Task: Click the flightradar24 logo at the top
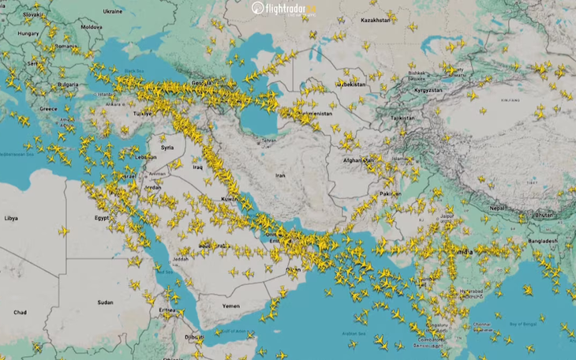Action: click(283, 9)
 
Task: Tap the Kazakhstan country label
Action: click(376, 20)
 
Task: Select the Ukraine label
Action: click(113, 12)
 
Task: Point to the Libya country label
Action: click(11, 217)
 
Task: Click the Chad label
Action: click(19, 313)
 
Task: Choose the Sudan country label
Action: click(105, 302)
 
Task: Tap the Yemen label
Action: click(230, 306)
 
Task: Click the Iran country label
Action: click(279, 175)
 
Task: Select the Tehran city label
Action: click(270, 141)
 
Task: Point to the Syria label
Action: click(167, 148)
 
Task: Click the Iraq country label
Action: click(198, 167)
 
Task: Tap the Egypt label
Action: click(102, 217)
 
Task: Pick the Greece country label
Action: click(49, 108)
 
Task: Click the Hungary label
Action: click(28, 34)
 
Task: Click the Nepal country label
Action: click(496, 207)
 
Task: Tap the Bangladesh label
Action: click(543, 241)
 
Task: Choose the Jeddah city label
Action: click(179, 258)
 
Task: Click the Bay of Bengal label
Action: click(526, 324)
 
